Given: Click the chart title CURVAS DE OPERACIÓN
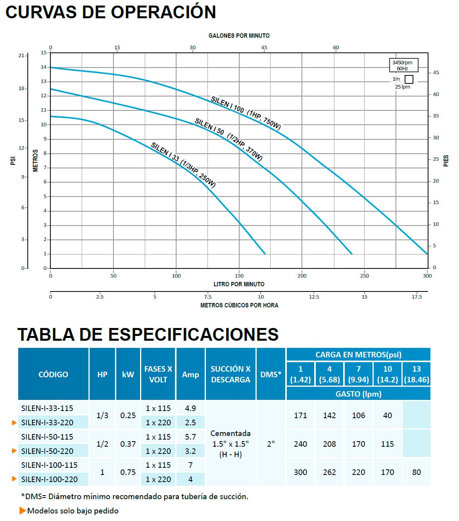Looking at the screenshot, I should (111, 12).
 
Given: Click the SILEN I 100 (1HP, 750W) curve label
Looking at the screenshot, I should (246, 113).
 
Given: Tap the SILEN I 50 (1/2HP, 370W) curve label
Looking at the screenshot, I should (229, 139).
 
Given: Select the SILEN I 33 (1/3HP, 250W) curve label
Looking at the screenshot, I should (183, 165).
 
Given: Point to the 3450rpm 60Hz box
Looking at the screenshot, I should (402, 66).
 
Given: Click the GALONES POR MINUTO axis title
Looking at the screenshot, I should (239, 36).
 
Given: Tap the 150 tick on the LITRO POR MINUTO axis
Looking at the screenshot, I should (239, 276).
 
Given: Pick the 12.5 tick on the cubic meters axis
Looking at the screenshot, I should (314, 297).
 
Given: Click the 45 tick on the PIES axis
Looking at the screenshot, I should (436, 73).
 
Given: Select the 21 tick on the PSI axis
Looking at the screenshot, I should (21, 56).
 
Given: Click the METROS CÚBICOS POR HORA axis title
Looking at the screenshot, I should (239, 305).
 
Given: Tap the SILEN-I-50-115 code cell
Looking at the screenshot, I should (47, 437).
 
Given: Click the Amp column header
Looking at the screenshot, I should (190, 374).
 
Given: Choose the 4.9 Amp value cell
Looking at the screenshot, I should (190, 408).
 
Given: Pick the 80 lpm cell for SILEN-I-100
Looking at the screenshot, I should (416, 472).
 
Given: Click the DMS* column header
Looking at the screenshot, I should (271, 374).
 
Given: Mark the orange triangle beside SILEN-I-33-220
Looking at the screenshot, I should (15, 423).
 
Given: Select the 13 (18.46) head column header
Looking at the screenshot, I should (416, 374).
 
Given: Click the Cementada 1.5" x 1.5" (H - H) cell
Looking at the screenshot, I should (230, 444).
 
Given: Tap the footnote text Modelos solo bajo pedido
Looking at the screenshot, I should (73, 511).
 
